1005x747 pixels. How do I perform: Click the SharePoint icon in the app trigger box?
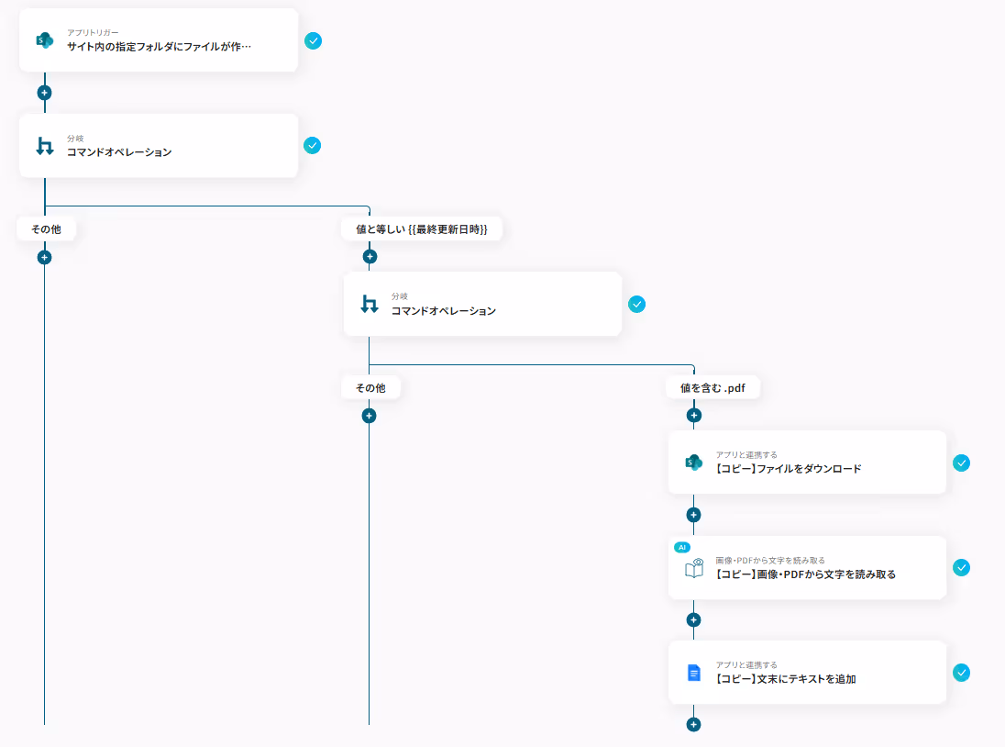click(x=44, y=40)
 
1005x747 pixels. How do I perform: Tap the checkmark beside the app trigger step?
click(x=313, y=40)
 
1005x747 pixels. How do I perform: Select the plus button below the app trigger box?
click(x=44, y=93)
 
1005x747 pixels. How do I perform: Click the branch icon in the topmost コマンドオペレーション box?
click(x=44, y=146)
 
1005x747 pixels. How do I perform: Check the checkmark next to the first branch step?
click(x=313, y=145)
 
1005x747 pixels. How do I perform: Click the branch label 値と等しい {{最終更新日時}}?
click(x=422, y=229)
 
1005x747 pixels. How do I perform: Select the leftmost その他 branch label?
click(x=46, y=229)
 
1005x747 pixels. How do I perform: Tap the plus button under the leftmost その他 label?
click(x=44, y=257)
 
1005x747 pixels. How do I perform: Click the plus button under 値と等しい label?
click(x=369, y=257)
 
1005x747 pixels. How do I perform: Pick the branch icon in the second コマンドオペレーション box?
click(x=369, y=304)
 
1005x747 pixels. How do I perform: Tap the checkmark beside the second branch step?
click(x=637, y=304)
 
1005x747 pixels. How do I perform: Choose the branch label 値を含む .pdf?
click(x=712, y=387)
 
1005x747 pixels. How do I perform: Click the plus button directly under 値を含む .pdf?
click(x=693, y=416)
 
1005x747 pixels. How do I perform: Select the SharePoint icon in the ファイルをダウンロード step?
click(x=693, y=463)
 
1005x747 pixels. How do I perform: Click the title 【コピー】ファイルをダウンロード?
click(x=789, y=468)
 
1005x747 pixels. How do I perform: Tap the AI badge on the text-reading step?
click(x=681, y=547)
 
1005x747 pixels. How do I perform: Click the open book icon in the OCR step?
click(x=693, y=569)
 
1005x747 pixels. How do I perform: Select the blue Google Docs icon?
click(x=693, y=673)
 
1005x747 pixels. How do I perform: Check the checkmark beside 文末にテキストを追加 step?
click(x=961, y=673)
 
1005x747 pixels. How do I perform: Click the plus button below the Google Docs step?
click(x=693, y=724)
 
